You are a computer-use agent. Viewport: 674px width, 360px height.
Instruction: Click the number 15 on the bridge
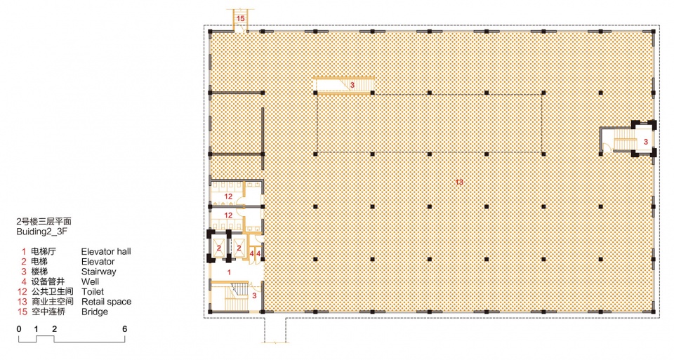[240, 18]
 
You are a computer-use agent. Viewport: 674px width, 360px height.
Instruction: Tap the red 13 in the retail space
[459, 182]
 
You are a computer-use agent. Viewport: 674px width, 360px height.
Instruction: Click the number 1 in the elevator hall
[229, 272]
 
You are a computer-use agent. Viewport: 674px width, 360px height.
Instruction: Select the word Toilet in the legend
[93, 292]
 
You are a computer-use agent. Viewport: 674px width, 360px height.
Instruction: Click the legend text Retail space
[106, 302]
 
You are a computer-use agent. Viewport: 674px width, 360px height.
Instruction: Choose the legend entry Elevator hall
[106, 251]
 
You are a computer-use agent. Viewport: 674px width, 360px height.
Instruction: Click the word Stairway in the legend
[98, 272]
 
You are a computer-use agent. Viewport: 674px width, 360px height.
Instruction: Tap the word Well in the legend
[90, 281]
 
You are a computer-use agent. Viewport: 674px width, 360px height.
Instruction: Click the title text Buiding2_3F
[42, 232]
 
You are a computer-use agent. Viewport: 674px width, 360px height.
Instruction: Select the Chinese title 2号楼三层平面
[44, 222]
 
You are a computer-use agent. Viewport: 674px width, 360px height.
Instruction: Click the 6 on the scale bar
[125, 329]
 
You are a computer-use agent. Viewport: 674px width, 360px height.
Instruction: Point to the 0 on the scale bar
[19, 329]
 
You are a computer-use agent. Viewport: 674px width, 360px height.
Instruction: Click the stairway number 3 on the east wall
[646, 141]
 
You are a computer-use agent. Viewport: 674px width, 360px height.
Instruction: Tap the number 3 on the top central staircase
[352, 85]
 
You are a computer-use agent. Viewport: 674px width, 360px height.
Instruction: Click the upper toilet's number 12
[228, 196]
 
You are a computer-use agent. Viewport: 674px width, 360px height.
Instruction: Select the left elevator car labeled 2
[219, 248]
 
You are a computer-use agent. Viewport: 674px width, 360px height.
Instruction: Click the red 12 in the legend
[22, 292]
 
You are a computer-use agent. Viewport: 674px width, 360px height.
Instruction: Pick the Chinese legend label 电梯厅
[44, 251]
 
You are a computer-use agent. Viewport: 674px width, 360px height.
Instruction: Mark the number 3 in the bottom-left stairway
[254, 295]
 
